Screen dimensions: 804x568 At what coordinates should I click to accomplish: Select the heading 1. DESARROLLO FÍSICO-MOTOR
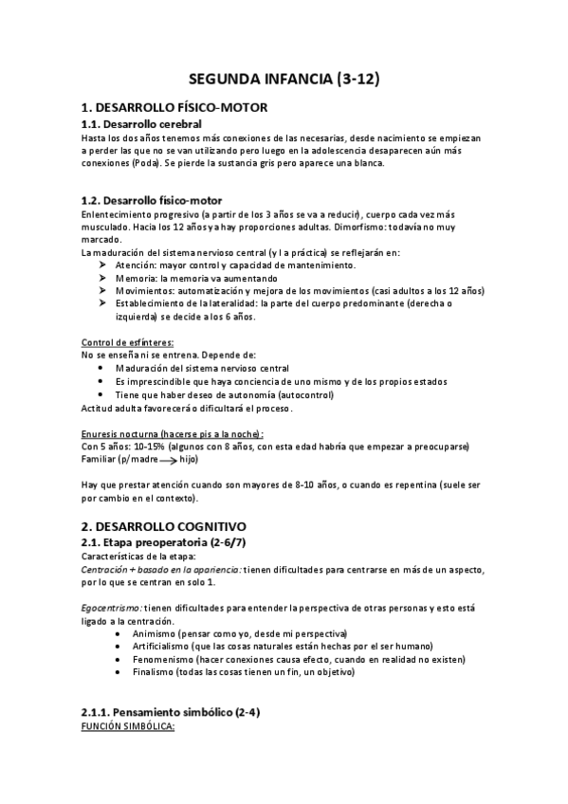coord(174,107)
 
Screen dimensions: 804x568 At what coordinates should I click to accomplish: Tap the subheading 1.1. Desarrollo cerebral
coord(140,124)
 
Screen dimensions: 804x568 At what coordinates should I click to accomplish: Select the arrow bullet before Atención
coord(101,265)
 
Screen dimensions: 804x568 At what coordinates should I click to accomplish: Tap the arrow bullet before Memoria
coord(101,279)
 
